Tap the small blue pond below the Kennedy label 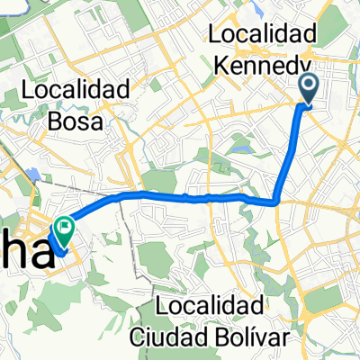coord(240,140)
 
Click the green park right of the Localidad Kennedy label coord(343,36)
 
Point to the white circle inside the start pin coord(307,85)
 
